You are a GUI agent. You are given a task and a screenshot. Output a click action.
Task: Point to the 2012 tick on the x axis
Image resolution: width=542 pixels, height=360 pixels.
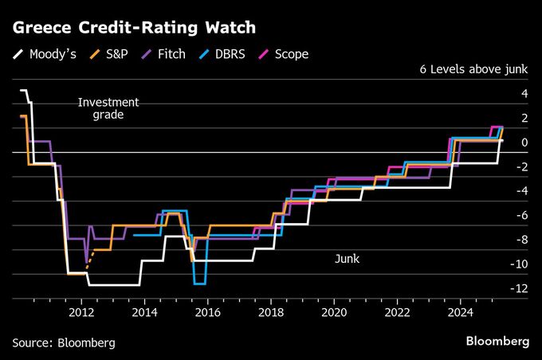pos(82,312)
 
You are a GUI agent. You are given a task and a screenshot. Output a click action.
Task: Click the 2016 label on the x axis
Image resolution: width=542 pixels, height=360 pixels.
pos(207,312)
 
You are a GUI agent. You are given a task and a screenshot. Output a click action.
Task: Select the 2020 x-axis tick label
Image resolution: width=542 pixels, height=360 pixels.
pos(333,312)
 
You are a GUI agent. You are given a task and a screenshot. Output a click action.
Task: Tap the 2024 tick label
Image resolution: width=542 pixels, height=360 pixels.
pos(458,312)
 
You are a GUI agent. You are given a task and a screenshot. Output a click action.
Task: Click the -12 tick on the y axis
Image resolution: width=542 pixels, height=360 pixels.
pos(519,288)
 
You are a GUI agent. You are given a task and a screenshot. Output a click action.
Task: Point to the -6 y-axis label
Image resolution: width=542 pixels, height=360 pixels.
pos(521,215)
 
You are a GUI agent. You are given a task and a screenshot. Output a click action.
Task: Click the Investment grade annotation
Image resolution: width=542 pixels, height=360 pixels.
pos(108,108)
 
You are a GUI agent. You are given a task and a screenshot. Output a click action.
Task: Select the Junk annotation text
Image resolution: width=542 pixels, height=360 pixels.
pos(346,259)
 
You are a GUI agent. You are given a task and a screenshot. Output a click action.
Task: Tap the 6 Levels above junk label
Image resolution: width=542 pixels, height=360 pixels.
pos(473,70)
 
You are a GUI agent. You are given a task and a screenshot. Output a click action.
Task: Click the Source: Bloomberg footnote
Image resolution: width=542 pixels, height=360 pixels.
pos(64,342)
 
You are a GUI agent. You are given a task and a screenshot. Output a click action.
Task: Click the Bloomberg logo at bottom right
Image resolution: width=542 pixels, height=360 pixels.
pos(497,341)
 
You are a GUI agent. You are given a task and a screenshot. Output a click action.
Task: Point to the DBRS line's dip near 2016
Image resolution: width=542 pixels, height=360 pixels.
pos(200,283)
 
